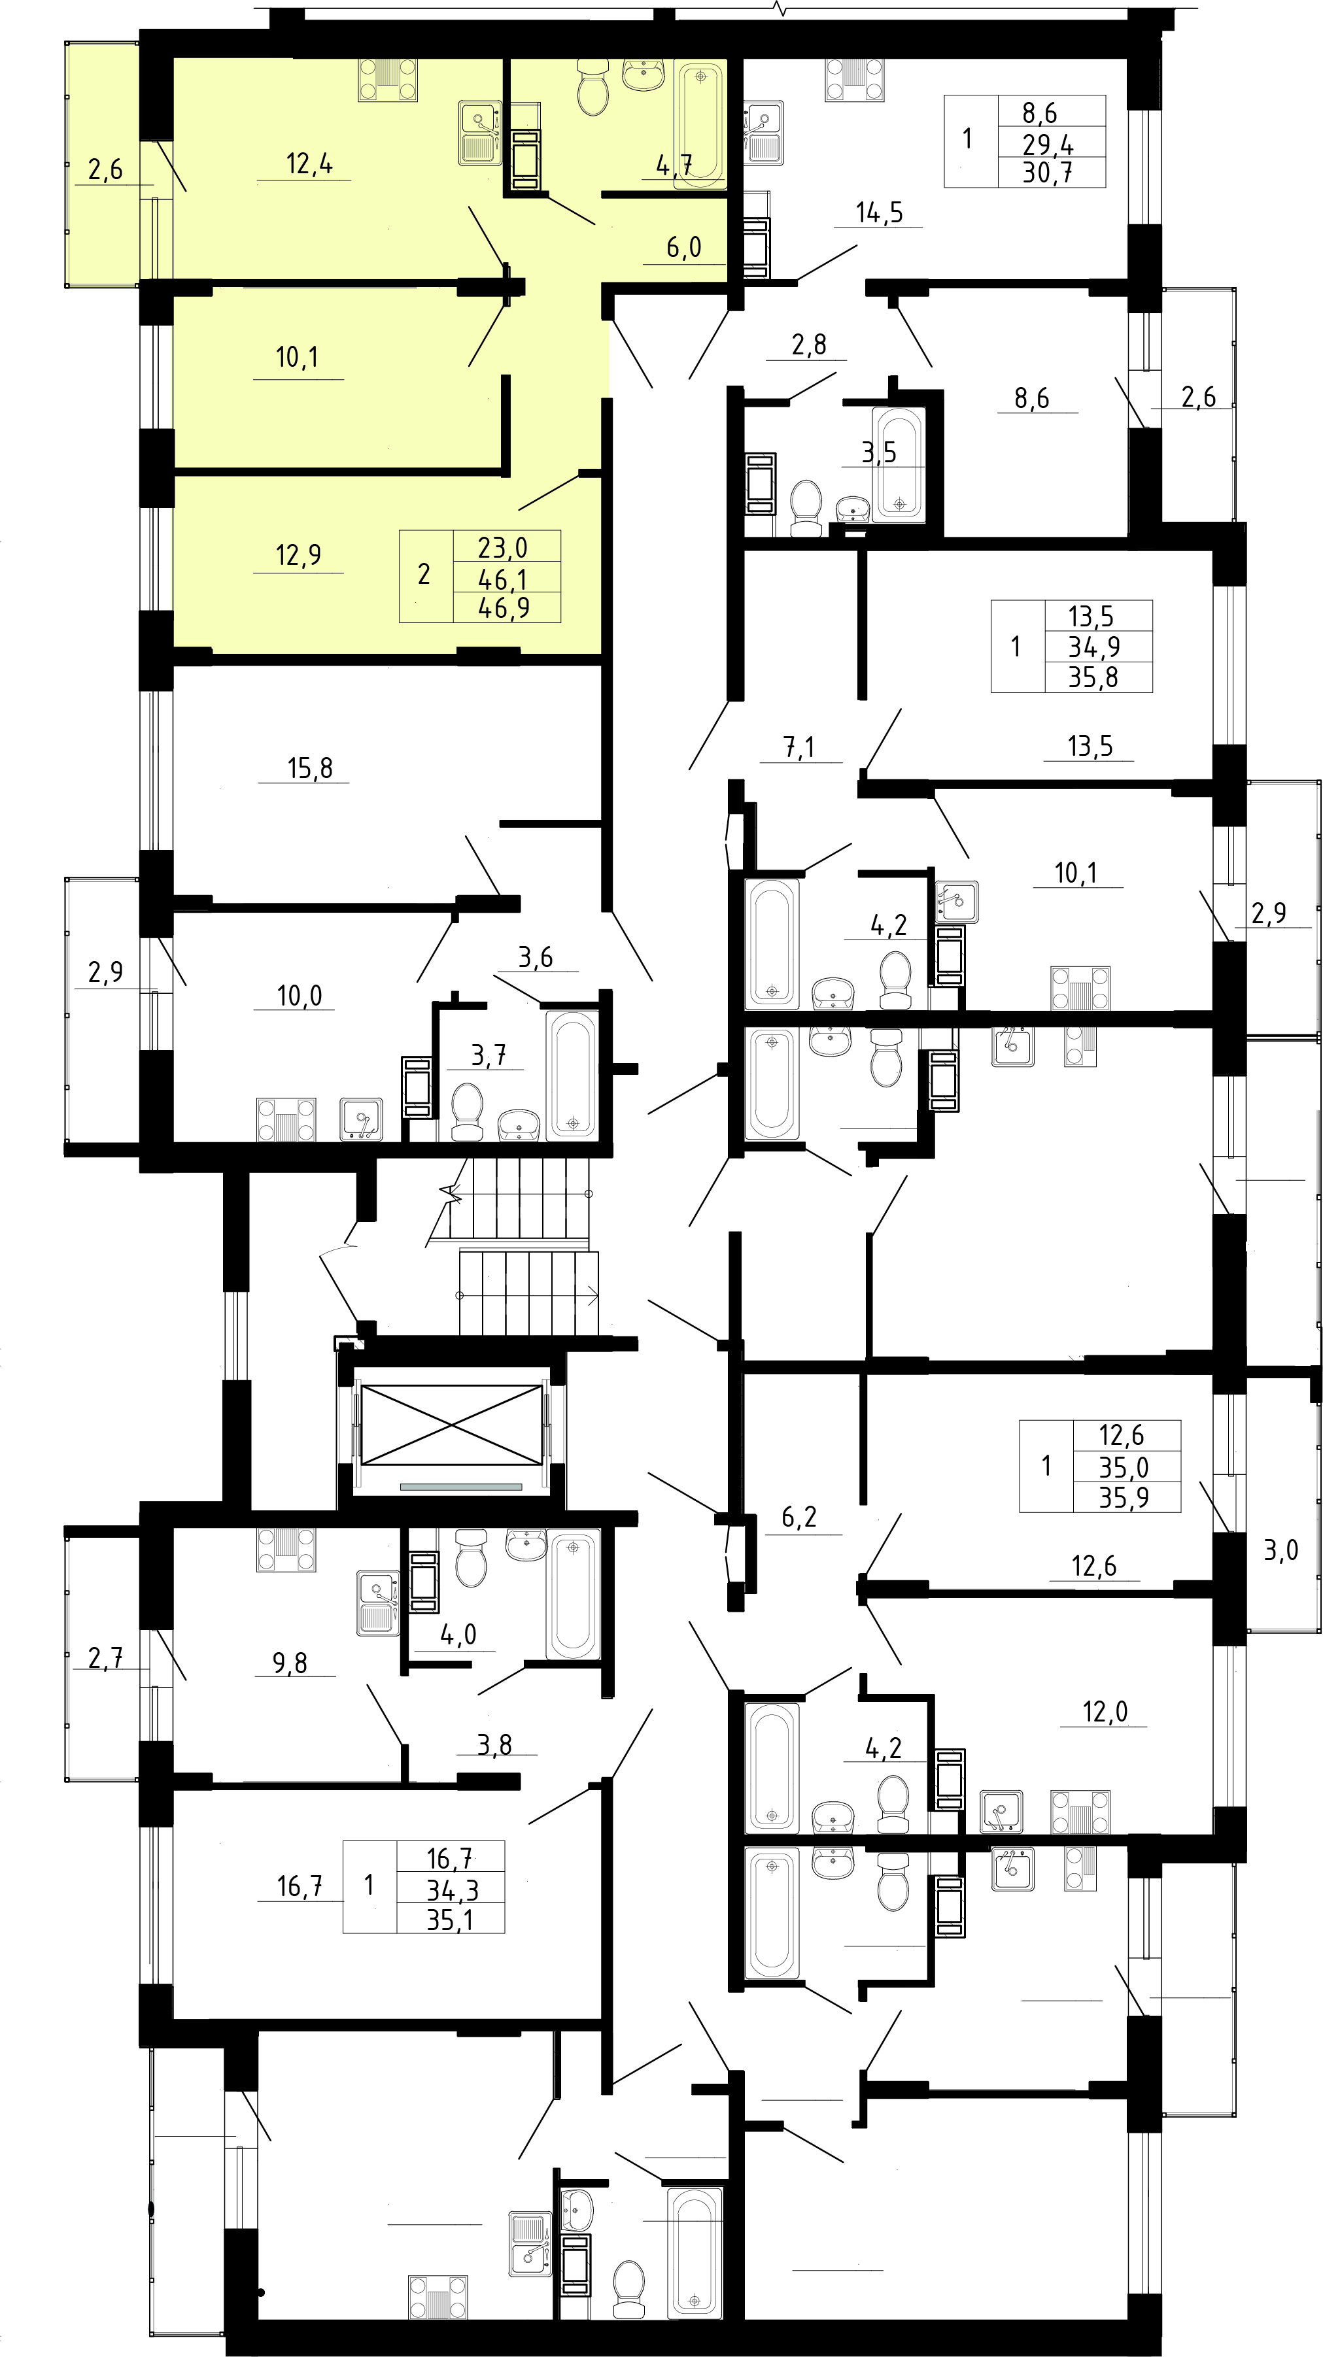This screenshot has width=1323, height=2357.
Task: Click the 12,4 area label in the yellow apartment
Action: coord(309,165)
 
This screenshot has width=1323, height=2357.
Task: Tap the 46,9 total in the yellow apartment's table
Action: coord(505,607)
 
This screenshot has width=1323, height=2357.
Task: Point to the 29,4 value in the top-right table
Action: coord(1048,144)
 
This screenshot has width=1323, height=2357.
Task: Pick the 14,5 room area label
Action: coord(879,213)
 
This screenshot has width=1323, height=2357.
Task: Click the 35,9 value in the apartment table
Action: coord(1124,1498)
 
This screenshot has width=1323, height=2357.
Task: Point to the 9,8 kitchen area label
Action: coord(290,1663)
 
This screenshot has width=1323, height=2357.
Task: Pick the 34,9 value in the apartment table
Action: coord(1094,647)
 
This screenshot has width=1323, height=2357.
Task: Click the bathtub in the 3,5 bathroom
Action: coord(899,464)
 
